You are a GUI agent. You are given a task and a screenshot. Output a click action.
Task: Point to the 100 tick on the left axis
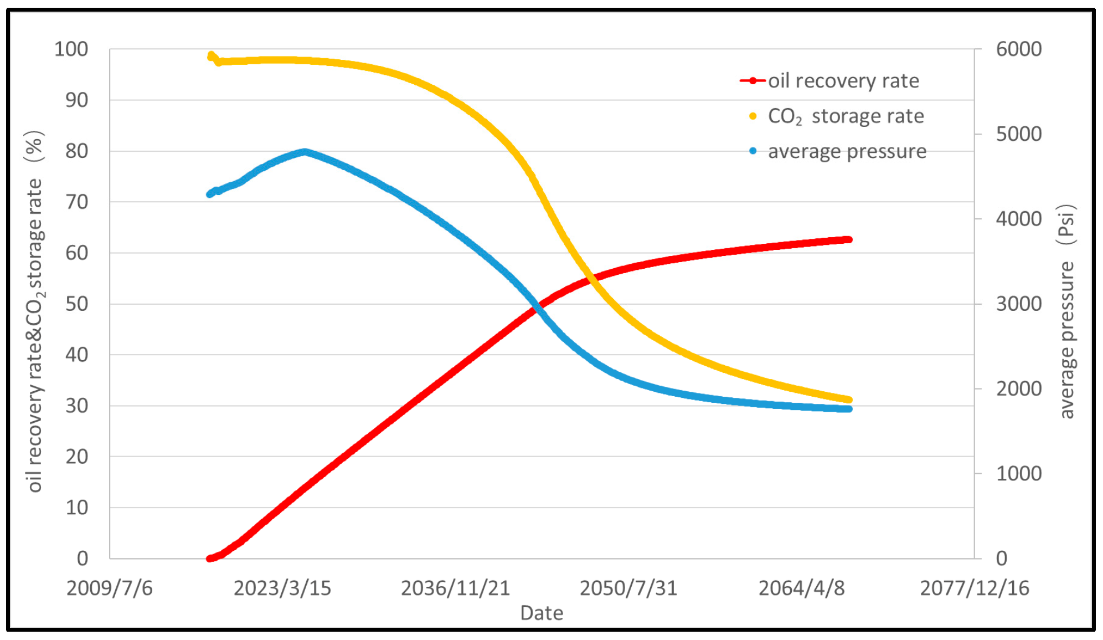pyautogui.click(x=71, y=49)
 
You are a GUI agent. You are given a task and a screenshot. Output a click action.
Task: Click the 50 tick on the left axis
pyautogui.click(x=76, y=304)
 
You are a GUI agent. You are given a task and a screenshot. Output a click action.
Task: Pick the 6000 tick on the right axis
pyautogui.click(x=1018, y=49)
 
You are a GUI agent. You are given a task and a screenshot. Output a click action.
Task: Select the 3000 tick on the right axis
pyautogui.click(x=1018, y=304)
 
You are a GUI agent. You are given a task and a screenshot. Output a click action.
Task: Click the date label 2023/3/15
pyautogui.click(x=282, y=588)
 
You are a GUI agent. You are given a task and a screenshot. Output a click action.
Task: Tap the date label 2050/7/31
pyautogui.click(x=628, y=588)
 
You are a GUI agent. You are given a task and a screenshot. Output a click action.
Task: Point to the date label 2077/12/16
pyautogui.click(x=974, y=588)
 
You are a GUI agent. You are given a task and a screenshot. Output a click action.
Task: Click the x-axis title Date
pyautogui.click(x=542, y=613)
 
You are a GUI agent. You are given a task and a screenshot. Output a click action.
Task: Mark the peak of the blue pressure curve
pyautogui.click(x=305, y=151)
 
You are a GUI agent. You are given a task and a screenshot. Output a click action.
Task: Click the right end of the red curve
pyautogui.click(x=848, y=239)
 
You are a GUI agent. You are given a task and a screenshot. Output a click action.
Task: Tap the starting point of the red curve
pyautogui.click(x=210, y=559)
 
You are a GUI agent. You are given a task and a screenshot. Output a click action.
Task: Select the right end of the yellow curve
pyautogui.click(x=848, y=400)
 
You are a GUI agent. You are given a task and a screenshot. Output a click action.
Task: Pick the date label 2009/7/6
pyautogui.click(x=109, y=588)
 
